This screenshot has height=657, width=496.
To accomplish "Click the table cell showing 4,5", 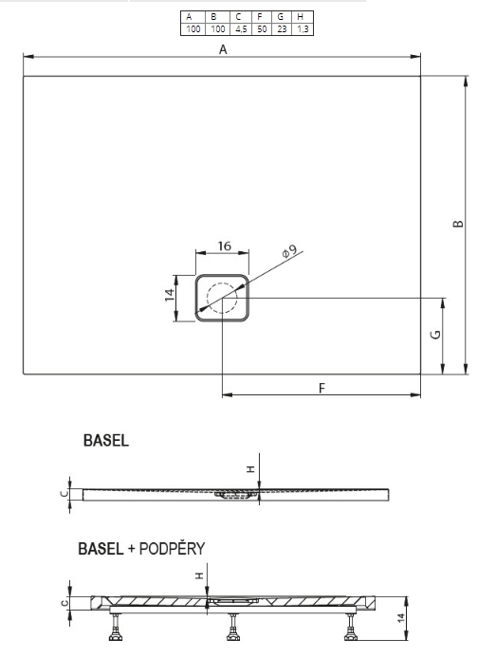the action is pyautogui.click(x=241, y=29).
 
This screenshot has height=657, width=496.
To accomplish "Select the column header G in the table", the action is pyautogui.click(x=281, y=17).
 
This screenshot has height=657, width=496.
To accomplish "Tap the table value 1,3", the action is pyautogui.click(x=303, y=29).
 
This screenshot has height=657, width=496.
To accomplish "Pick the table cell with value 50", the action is pyautogui.click(x=262, y=29).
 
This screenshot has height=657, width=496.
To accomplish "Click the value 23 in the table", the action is pyautogui.click(x=282, y=29).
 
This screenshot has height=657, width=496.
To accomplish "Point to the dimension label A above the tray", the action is pyautogui.click(x=223, y=49).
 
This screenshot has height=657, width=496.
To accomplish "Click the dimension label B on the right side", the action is pyautogui.click(x=459, y=224).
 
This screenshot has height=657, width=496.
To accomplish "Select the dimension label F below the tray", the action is pyautogui.click(x=322, y=388).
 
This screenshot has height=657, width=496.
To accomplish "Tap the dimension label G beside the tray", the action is pyautogui.click(x=436, y=335).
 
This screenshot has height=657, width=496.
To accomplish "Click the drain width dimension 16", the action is pyautogui.click(x=225, y=246).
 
